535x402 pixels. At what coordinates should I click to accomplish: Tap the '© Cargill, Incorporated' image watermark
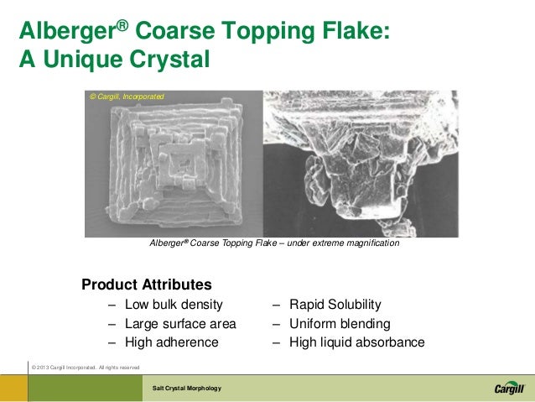[127, 97]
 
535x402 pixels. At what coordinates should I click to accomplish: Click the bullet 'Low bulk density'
[174, 304]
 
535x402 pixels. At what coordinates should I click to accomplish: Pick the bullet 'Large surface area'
[180, 323]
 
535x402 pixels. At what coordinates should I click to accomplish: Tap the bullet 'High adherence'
[171, 342]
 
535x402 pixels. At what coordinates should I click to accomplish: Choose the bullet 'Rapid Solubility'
[335, 304]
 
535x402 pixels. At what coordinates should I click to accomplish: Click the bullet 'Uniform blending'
[339, 323]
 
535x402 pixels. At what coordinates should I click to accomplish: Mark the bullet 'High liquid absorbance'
[356, 342]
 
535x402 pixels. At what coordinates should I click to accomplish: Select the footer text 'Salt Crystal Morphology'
[186, 389]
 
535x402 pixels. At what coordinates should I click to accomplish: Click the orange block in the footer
[14, 389]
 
